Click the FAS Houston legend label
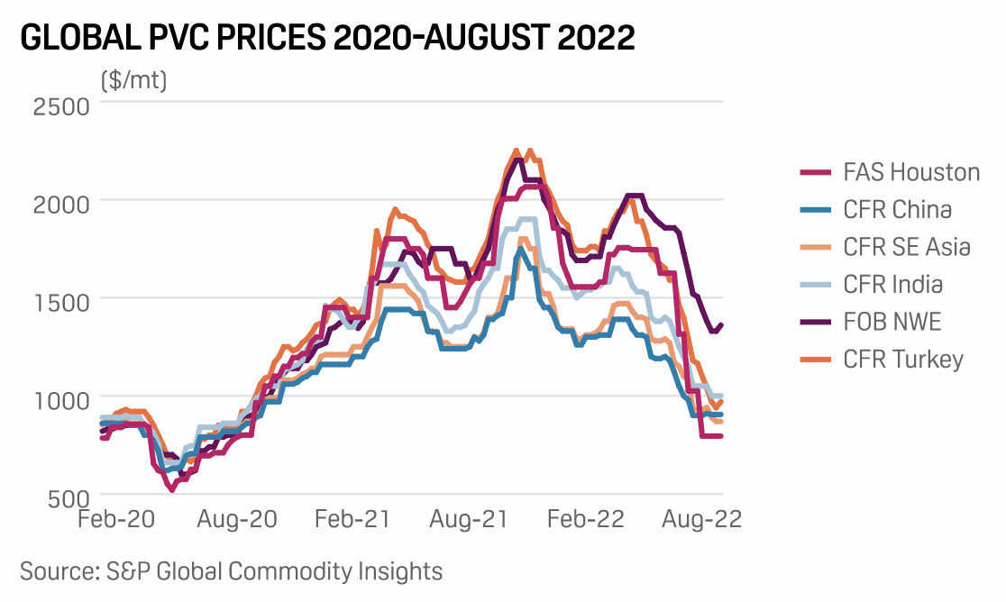pos(911,172)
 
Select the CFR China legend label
pos(897,210)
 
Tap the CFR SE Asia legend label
pos(907,247)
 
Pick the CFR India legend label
pos(892,285)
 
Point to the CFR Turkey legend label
pos(903,360)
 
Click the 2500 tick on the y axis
pos(62,105)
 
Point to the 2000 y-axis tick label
pos(62,204)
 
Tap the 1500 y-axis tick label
pos(62,301)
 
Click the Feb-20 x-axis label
pos(115,521)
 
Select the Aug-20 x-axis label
pos(238,521)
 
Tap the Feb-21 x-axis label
pos(352,521)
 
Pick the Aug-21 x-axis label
pos(467,521)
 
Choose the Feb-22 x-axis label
pos(586,521)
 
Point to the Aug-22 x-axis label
pos(701,521)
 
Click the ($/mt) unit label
pos(134,80)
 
